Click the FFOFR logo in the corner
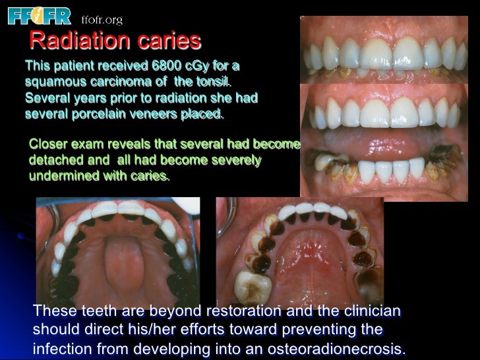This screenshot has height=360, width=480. click(x=39, y=15)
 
